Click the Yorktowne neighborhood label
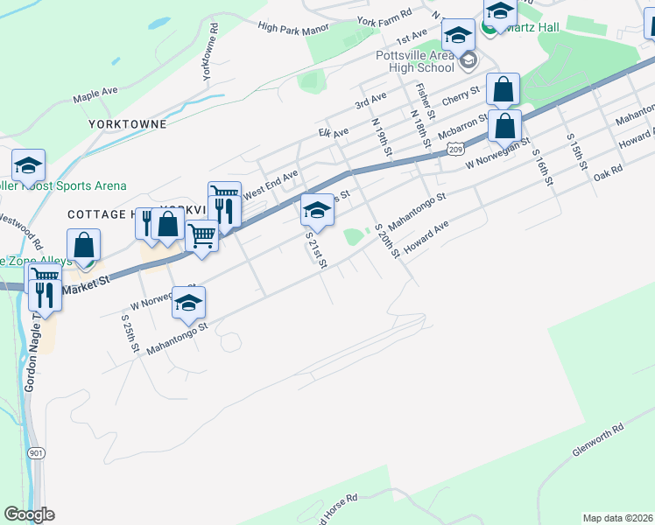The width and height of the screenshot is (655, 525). pos(127,124)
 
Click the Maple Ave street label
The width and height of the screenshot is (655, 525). pos(95,93)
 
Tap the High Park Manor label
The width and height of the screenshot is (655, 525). pos(292,27)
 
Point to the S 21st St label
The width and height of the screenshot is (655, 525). pos(315,250)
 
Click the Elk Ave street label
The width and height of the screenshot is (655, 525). pos(333,133)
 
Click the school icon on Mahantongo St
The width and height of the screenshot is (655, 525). pos(188,303)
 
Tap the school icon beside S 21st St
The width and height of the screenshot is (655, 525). pos(317,210)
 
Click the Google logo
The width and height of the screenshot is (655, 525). pos(29,514)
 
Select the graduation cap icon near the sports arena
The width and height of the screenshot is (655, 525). pos(28,165)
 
